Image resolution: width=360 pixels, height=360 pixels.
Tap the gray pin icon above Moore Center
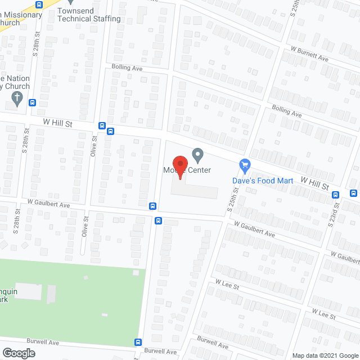pos(197,154)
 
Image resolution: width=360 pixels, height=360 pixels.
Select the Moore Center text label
pos(187,170)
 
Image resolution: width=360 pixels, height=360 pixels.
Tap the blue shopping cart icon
pos(245,165)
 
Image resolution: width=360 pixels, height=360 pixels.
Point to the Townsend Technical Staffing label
pos(89,15)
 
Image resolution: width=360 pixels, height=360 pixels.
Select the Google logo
pos(18,353)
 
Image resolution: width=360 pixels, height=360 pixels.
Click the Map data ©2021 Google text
pos(325,355)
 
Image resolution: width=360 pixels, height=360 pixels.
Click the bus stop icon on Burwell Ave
pos(138,342)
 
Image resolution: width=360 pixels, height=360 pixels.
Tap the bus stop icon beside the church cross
pos(33,103)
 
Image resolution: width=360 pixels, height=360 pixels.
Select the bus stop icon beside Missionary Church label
pos(39,4)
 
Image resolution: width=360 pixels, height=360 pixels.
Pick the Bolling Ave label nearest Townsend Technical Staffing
pos(127,67)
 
